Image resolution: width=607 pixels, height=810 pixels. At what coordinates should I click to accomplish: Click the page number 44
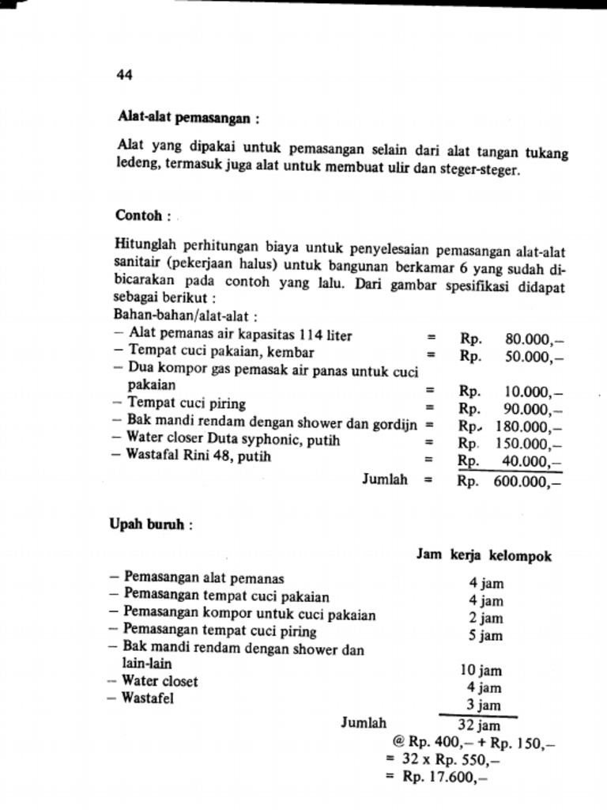[x=124, y=75]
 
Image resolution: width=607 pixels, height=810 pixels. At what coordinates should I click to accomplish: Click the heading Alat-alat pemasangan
[x=188, y=118]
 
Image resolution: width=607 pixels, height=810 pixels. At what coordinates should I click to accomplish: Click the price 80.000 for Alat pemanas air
[x=534, y=339]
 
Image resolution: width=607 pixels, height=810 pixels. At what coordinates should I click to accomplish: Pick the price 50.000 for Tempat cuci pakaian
[x=534, y=356]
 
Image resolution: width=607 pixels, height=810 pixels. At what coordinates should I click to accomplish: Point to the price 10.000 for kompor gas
[x=534, y=392]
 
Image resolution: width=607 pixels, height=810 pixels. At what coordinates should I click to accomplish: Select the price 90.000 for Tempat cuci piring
[x=534, y=409]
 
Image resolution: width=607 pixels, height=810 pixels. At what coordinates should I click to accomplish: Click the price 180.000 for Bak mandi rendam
[x=530, y=426]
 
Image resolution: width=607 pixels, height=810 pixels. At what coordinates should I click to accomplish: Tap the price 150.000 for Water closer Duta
[x=530, y=444]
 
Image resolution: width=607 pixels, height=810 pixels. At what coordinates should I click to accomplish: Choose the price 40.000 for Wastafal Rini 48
[x=534, y=461]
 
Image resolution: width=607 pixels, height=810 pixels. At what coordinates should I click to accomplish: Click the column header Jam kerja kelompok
[x=484, y=556]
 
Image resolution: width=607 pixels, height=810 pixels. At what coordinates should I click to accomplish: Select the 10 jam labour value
[x=481, y=671]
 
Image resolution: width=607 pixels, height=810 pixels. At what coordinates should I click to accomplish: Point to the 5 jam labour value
[x=485, y=635]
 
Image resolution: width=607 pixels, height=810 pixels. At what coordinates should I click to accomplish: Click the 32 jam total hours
[x=479, y=725]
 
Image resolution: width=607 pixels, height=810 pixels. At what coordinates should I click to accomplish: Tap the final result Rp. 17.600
[x=443, y=777]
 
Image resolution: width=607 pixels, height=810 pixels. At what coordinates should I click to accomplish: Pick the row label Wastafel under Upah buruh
[x=147, y=698]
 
